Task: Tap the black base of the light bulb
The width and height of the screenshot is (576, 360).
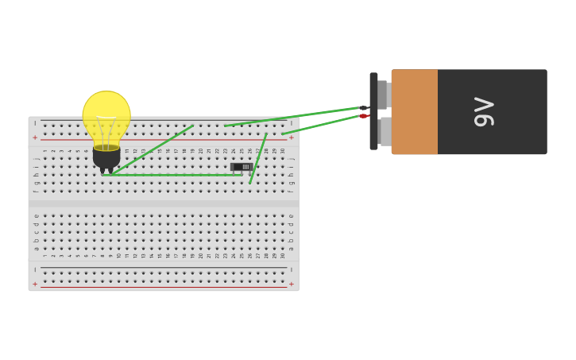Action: [x=106, y=157]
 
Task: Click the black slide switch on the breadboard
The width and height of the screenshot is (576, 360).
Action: [x=241, y=167]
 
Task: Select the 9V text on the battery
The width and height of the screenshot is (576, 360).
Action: [x=484, y=111]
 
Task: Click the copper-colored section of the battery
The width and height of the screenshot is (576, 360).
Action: [x=414, y=111]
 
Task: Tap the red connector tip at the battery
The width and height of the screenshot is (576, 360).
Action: [x=363, y=116]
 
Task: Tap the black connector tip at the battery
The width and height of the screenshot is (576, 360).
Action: [x=364, y=108]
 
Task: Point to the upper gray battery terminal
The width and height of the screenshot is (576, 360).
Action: [x=383, y=94]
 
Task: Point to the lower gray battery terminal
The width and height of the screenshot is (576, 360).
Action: [x=385, y=131]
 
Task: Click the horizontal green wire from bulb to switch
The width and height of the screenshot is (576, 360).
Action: [x=175, y=175]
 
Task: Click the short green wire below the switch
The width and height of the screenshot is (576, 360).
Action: [x=258, y=159]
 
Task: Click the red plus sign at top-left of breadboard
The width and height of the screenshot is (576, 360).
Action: [x=35, y=137]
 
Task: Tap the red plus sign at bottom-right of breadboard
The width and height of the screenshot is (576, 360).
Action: [x=291, y=284]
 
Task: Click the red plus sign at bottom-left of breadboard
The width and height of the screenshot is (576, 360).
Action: [x=35, y=284]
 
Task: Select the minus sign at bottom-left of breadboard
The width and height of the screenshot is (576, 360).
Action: [x=35, y=270]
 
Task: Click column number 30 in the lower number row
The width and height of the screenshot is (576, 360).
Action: [x=282, y=255]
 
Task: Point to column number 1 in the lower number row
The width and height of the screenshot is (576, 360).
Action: [x=44, y=255]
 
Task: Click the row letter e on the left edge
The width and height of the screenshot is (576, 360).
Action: [x=36, y=215]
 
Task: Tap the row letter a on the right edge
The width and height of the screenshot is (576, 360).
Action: [x=291, y=249]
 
